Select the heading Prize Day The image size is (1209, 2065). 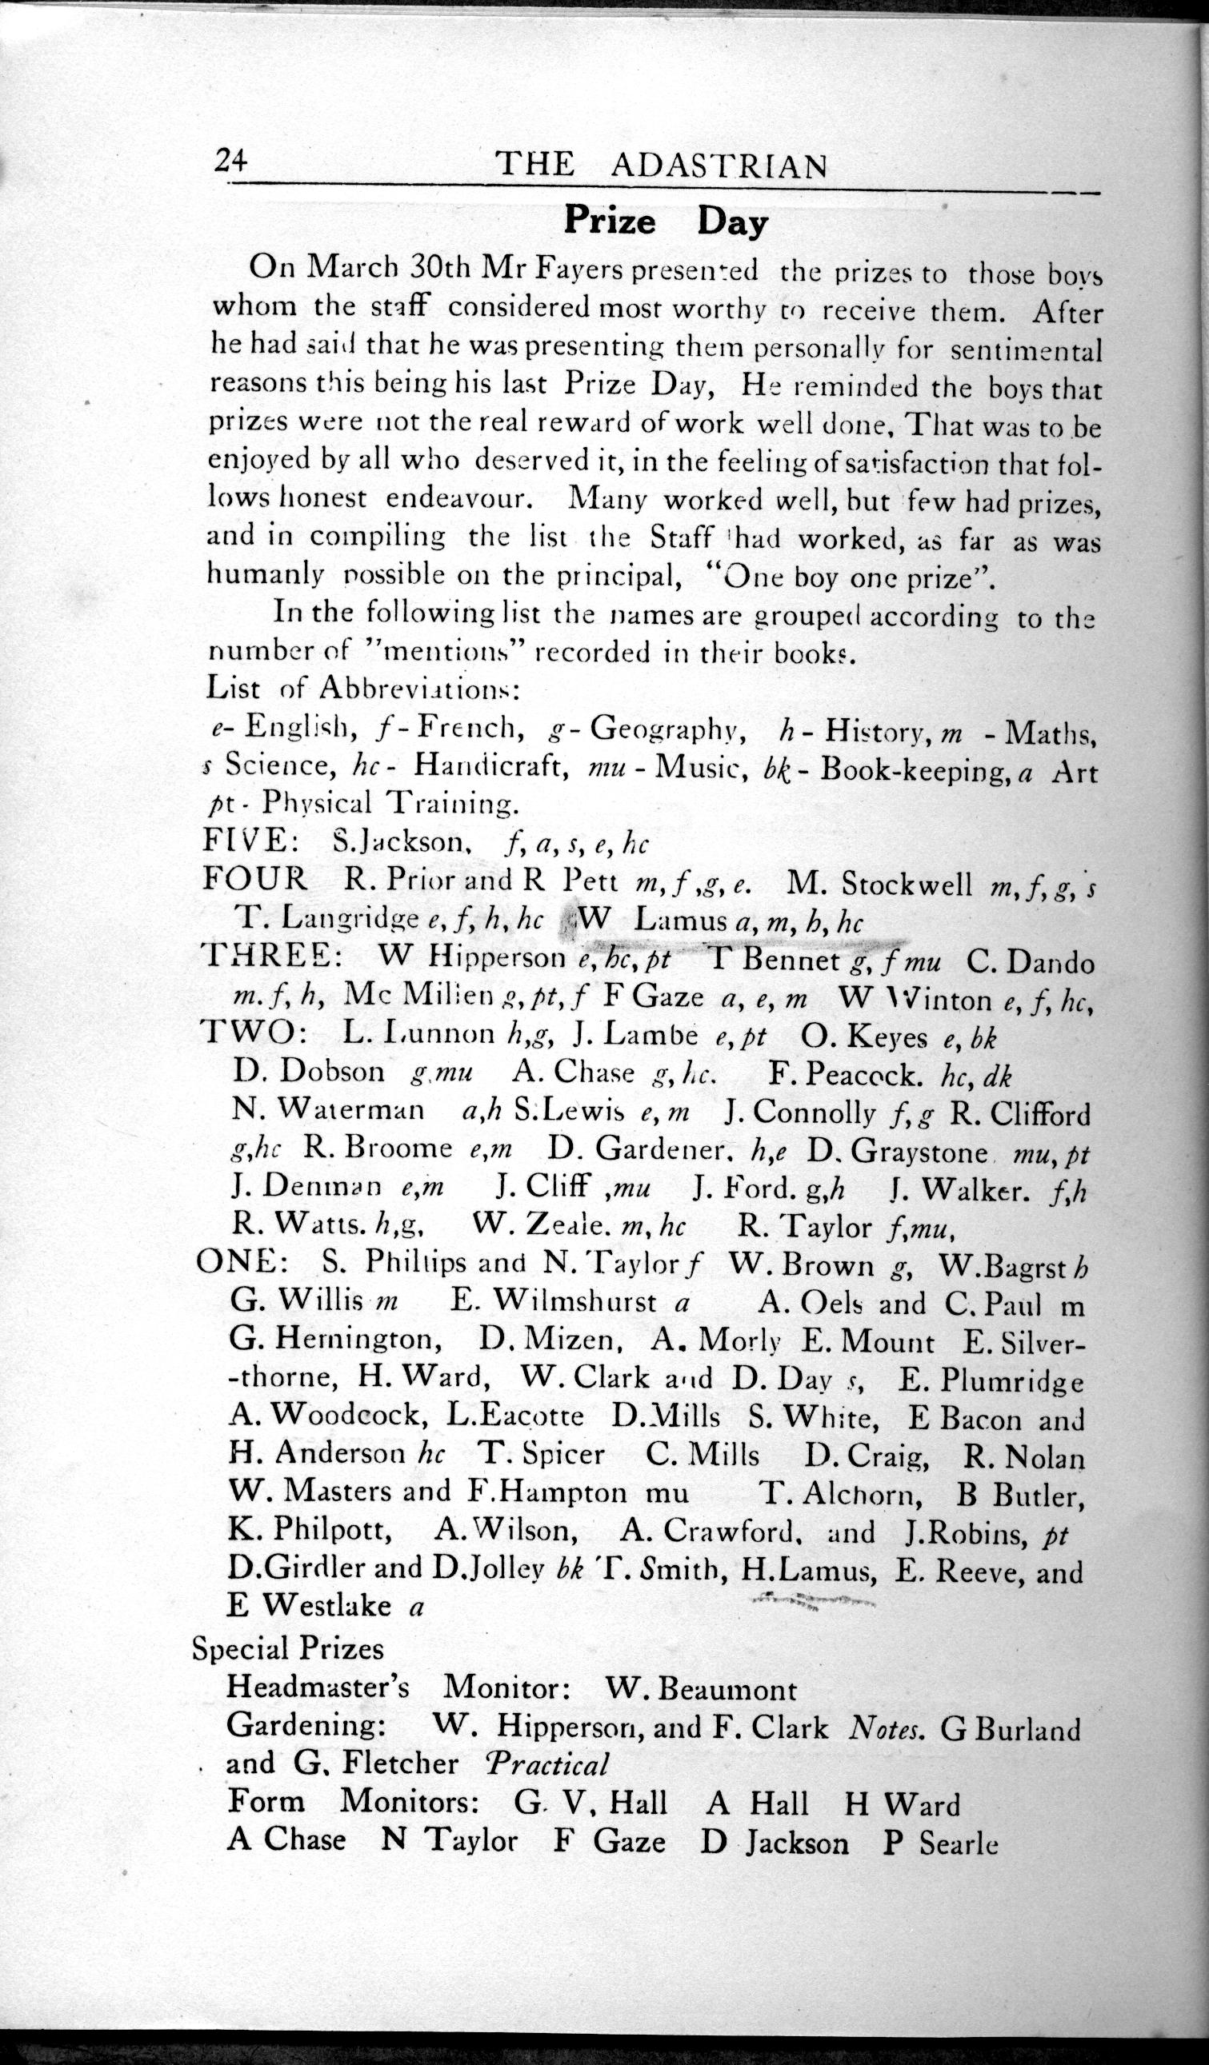[665, 223]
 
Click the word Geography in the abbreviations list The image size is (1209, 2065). [661, 726]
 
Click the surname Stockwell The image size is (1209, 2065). [907, 885]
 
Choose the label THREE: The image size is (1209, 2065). [267, 957]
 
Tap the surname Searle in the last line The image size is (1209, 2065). [959, 1839]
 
